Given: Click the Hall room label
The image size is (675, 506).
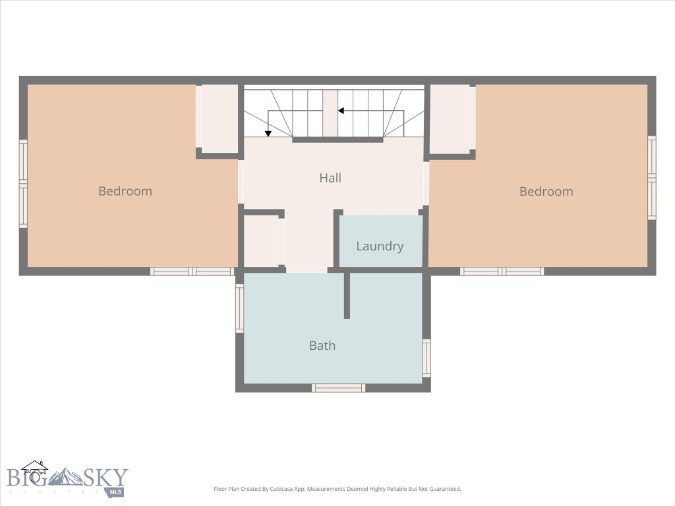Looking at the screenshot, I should coord(330,178).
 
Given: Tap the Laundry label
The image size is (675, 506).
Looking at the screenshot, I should coord(380,246).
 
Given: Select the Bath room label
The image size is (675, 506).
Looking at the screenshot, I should coord(322,345).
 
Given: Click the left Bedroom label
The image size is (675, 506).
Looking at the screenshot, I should coord(125,191).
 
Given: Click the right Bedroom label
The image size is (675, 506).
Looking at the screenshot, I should coord(546,192).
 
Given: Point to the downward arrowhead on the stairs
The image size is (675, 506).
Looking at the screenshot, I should coord(268,133).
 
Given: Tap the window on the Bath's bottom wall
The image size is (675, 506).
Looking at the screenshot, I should coord(338,388).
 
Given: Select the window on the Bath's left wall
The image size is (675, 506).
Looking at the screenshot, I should coord(240,308).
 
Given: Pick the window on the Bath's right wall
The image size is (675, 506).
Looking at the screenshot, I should coord(426,358).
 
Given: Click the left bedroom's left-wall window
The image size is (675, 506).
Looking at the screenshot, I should coord(23,183).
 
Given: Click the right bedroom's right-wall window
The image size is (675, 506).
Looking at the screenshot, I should coord(651,178).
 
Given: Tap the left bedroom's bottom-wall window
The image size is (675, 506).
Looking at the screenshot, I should coord(192,271).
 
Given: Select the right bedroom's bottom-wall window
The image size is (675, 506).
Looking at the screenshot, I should coord(502,271).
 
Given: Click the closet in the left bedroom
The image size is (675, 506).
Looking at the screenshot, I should coord(220,119).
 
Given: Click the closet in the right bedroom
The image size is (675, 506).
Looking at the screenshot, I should coord(450,119).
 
